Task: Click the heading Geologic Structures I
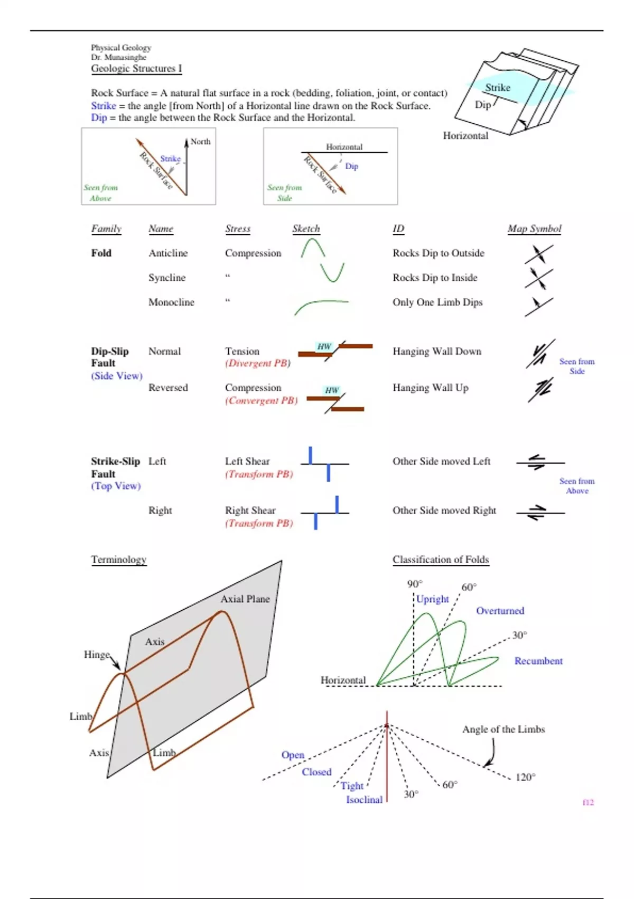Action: click(x=136, y=68)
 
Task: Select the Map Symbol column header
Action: click(x=534, y=228)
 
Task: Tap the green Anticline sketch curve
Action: click(x=313, y=248)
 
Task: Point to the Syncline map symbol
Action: click(x=538, y=278)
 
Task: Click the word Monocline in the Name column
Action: click(x=171, y=302)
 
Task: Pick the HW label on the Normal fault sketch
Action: click(x=324, y=347)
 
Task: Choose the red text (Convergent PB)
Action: click(x=261, y=400)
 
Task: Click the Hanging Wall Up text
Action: click(x=430, y=388)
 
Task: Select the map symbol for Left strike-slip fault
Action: click(x=539, y=462)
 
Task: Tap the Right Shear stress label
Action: click(x=250, y=510)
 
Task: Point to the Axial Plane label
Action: click(x=245, y=599)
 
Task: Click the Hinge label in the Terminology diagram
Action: click(x=96, y=655)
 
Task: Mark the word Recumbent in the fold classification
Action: click(x=538, y=661)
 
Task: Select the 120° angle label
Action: click(x=525, y=777)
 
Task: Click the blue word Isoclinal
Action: click(x=364, y=800)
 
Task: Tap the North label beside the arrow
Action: click(x=200, y=142)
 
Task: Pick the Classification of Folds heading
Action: click(x=441, y=559)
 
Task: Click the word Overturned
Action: click(x=500, y=611)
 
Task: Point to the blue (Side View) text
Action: click(x=117, y=375)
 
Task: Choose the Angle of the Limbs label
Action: click(x=503, y=729)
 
